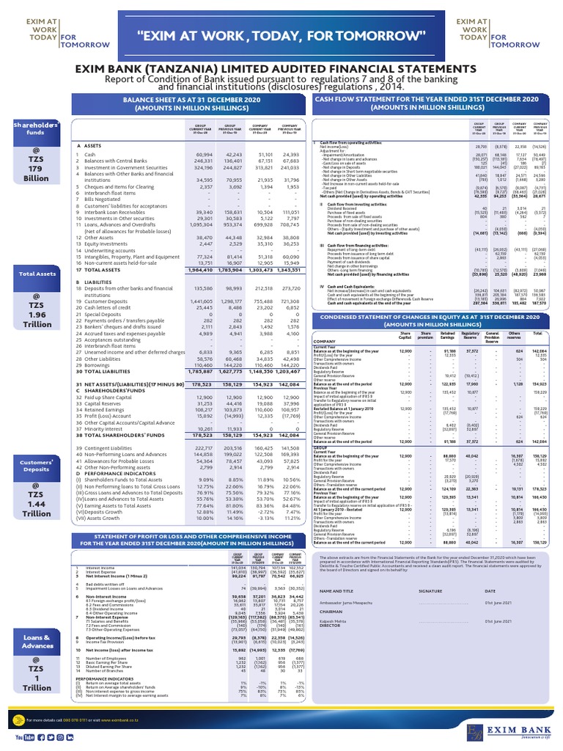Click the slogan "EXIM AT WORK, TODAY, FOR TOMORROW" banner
pyautogui.click(x=281, y=35)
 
